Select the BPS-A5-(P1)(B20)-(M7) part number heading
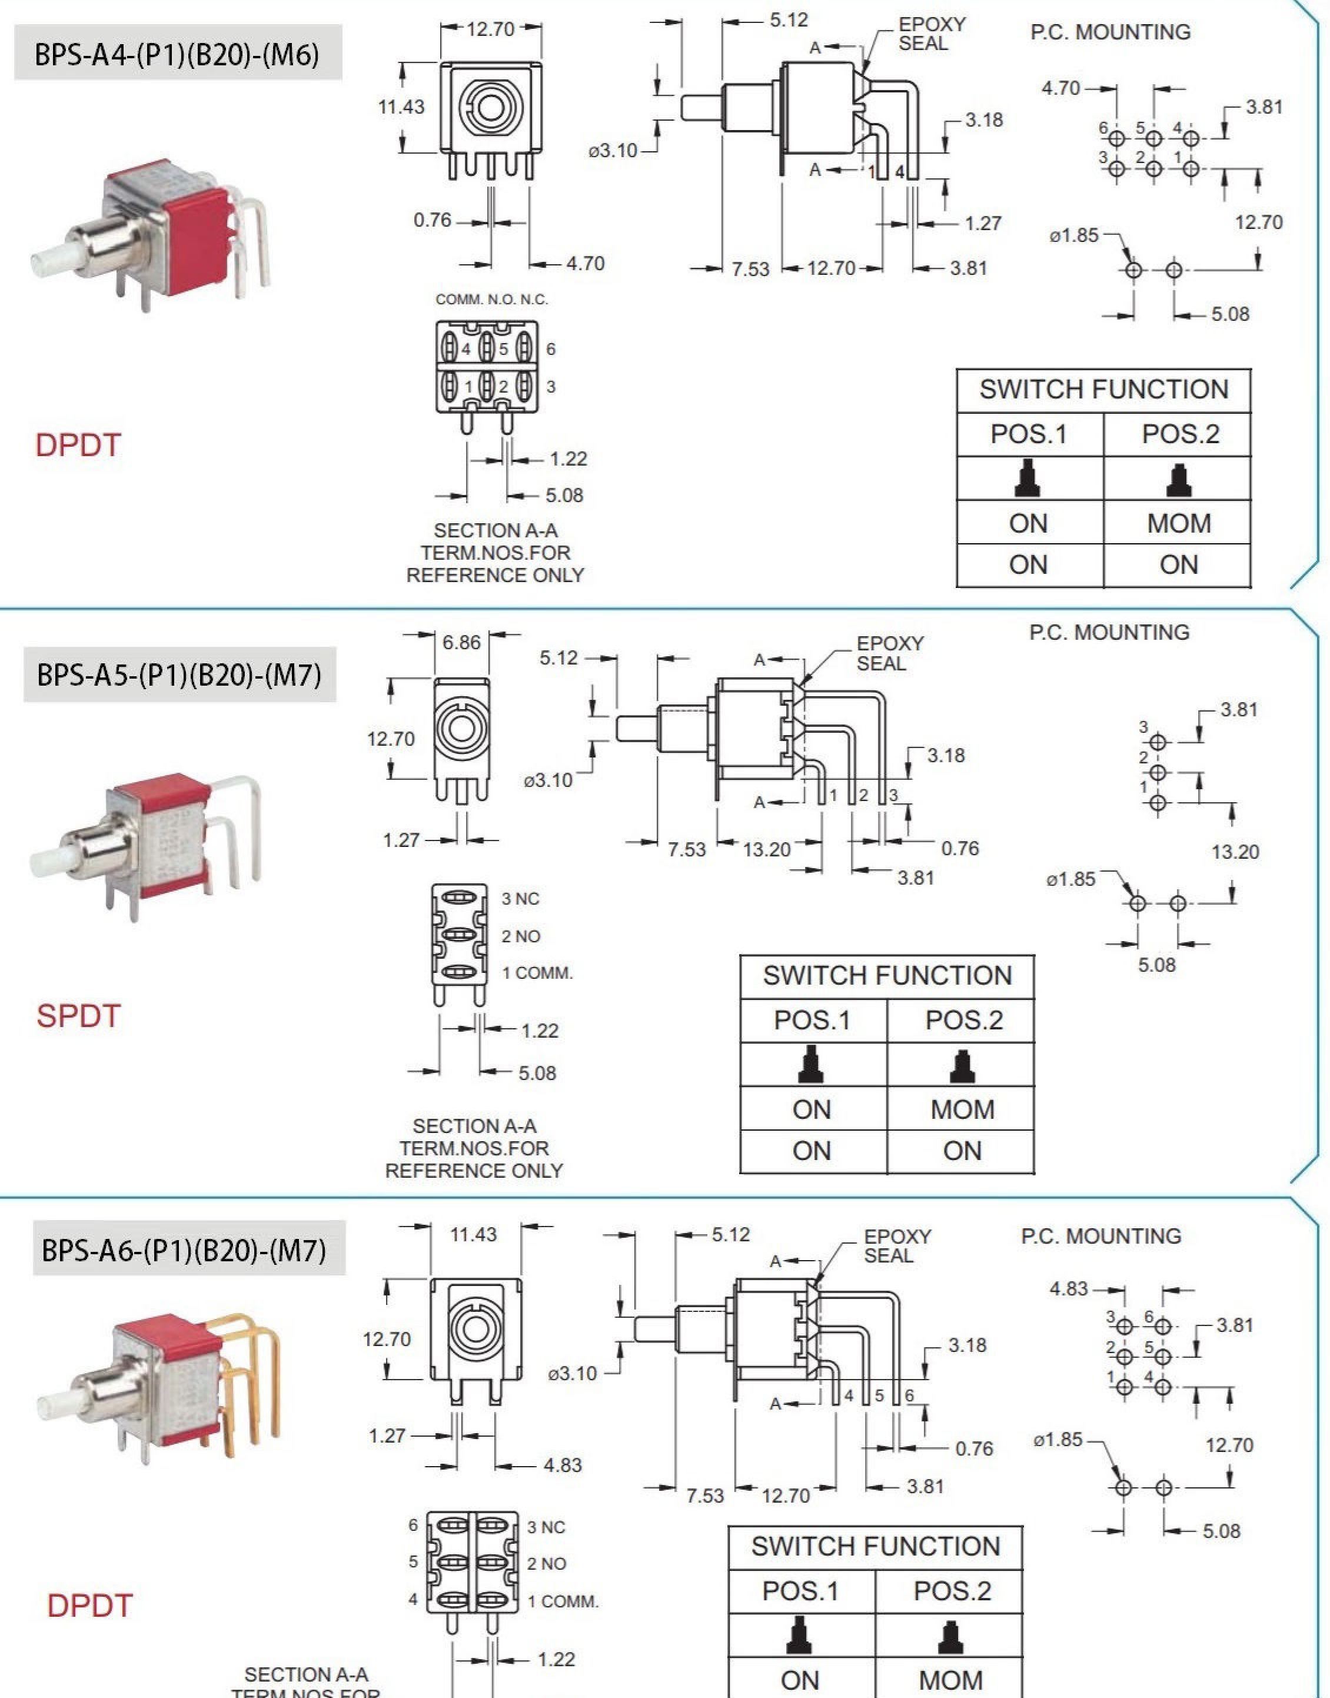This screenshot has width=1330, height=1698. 179,674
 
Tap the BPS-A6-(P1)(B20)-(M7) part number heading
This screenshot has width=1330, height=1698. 184,1250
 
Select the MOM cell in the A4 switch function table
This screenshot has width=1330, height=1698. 1178,523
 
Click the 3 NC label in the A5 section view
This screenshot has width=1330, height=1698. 520,899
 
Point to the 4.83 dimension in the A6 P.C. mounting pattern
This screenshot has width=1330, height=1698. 1068,1289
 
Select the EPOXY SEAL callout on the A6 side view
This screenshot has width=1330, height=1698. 897,1246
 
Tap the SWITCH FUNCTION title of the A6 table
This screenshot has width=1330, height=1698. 875,1546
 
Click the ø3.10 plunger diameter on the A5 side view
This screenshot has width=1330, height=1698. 548,780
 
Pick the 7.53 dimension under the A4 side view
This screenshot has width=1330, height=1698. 750,269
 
